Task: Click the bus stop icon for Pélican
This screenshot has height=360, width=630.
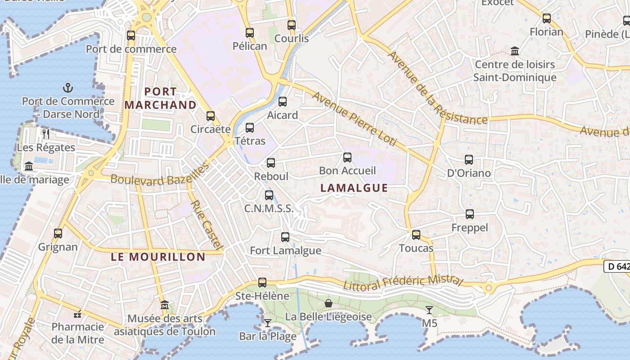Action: click(250, 33)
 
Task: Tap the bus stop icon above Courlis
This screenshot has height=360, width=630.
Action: click(292, 25)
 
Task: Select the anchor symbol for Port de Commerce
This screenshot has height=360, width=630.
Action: click(68, 88)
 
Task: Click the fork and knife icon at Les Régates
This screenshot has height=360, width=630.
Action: click(45, 134)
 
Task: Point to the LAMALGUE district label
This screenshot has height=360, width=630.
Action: click(354, 188)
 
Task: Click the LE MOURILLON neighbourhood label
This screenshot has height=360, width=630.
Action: click(158, 257)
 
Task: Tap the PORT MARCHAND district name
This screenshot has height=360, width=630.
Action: click(161, 99)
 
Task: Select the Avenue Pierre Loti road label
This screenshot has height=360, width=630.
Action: click(355, 119)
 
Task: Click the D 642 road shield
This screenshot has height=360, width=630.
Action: click(617, 266)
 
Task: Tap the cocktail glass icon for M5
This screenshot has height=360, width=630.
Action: click(429, 310)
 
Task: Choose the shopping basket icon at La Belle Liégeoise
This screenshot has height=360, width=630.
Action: click(328, 303)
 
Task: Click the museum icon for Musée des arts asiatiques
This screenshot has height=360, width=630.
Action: click(165, 305)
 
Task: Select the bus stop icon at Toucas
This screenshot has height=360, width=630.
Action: click(416, 235)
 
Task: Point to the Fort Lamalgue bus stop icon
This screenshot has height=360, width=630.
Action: click(285, 237)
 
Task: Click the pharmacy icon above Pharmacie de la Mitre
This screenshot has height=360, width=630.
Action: click(77, 314)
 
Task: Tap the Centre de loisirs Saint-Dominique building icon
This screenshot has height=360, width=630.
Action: click(515, 51)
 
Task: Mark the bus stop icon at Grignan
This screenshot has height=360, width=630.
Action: click(58, 234)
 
